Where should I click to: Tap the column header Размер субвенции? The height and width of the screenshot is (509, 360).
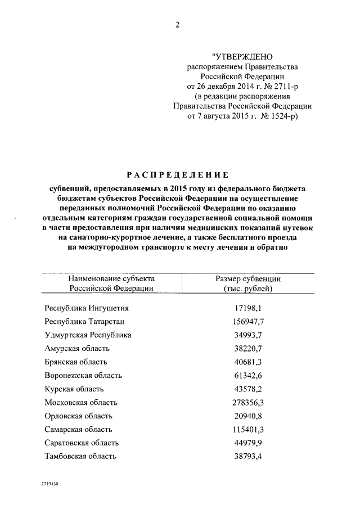tap(248, 278)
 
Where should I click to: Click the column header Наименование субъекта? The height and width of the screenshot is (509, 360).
tap(111, 278)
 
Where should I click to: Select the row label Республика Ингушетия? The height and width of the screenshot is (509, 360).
tap(87, 308)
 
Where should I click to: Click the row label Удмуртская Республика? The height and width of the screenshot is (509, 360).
tap(88, 335)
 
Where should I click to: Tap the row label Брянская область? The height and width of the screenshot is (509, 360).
tap(76, 362)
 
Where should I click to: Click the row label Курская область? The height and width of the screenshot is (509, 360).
tap(74, 389)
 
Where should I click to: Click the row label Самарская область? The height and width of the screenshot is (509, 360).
tap(78, 429)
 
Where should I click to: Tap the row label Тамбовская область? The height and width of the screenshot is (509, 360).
tap(80, 456)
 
